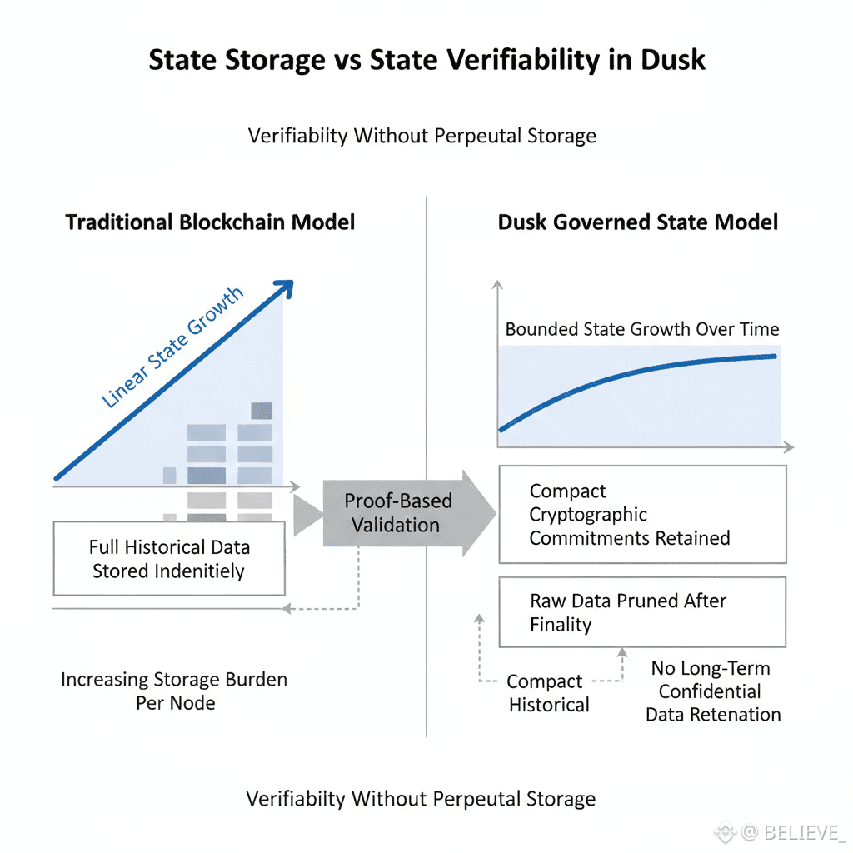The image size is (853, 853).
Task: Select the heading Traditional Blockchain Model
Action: click(210, 222)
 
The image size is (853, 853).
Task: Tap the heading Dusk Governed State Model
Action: click(638, 222)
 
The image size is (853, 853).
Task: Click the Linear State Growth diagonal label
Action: click(172, 347)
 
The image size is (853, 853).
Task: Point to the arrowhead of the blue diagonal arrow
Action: click(285, 287)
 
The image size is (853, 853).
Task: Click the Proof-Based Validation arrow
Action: click(398, 513)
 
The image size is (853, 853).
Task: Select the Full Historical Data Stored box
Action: click(168, 559)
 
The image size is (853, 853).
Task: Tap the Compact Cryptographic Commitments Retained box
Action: click(642, 515)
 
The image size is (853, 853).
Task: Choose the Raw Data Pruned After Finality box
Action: click(642, 612)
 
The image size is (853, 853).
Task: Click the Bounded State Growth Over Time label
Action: click(642, 329)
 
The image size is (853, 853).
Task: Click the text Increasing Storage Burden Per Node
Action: click(174, 691)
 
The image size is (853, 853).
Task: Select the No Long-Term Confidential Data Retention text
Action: click(713, 691)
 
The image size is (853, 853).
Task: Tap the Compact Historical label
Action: click(548, 693)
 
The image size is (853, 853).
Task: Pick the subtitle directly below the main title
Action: click(422, 136)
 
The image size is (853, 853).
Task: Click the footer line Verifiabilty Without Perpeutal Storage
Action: click(421, 800)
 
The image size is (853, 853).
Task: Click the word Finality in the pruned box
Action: click(561, 625)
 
